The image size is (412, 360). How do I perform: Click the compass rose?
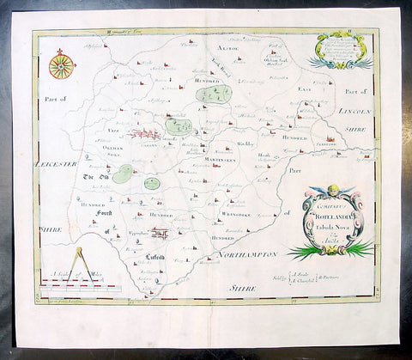[x=61, y=65]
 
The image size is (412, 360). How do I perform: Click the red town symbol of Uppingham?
[x=158, y=231]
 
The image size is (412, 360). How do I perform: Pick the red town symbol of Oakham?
[x=142, y=133]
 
